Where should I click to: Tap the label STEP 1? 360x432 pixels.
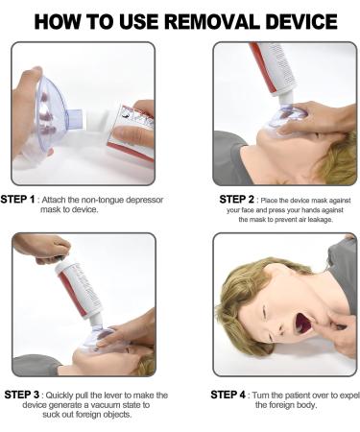17,200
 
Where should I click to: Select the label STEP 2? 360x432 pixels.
236,200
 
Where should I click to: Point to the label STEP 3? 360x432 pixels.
22,395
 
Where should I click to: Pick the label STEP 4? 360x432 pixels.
228,395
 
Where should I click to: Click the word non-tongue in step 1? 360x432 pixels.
103,200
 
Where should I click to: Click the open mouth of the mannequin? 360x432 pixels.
303,323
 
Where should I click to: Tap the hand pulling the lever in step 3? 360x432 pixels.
41,248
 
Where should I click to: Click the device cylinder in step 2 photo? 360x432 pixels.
276,69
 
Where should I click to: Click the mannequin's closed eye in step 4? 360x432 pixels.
265,312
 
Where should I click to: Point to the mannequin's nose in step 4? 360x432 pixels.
280,328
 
